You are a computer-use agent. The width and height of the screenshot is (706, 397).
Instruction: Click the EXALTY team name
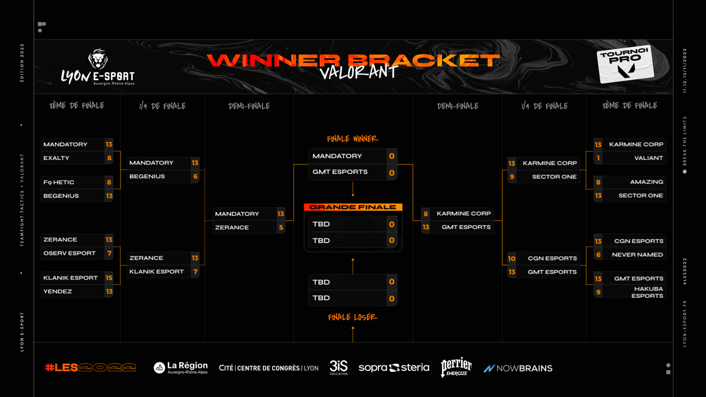click(x=56, y=158)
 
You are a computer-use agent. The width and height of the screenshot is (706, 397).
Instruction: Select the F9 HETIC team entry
click(x=59, y=182)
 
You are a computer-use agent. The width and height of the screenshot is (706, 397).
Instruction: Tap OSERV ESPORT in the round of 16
click(x=70, y=253)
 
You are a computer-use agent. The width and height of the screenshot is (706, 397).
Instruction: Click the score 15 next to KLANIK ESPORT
click(x=109, y=278)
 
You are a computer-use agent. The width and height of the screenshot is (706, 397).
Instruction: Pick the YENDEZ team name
click(x=58, y=291)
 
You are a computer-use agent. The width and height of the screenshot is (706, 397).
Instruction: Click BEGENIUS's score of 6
click(x=195, y=176)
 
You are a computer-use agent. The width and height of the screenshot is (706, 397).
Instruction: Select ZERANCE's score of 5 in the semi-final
click(x=281, y=227)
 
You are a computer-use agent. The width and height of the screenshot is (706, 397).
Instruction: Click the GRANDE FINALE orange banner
click(x=353, y=207)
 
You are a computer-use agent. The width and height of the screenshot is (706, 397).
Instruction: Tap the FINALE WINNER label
click(x=353, y=139)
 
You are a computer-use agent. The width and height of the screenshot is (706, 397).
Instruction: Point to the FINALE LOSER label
click(x=353, y=317)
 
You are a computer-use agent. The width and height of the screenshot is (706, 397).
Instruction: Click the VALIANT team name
click(x=648, y=158)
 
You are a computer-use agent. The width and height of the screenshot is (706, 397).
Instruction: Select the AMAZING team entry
click(x=647, y=182)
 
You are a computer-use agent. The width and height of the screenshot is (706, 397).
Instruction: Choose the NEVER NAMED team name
click(x=637, y=254)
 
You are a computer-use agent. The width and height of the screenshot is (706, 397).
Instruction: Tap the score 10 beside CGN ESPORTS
click(x=512, y=258)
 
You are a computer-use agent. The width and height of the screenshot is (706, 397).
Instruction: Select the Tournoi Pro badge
click(x=625, y=64)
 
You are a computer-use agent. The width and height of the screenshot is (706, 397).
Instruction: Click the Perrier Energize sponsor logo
click(x=456, y=367)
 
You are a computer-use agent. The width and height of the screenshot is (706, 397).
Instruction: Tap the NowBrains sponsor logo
click(x=518, y=368)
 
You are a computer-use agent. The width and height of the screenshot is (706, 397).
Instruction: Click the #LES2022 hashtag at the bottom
click(x=91, y=367)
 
